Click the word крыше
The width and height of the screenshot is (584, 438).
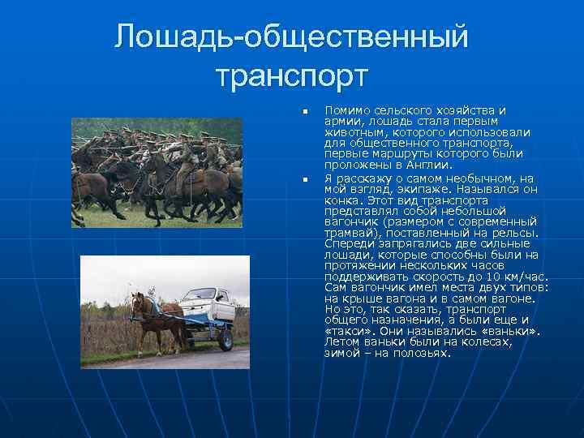tap(359, 298)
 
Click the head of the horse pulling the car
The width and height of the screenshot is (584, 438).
tap(138, 301)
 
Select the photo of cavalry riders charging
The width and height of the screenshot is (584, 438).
tap(157, 172)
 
